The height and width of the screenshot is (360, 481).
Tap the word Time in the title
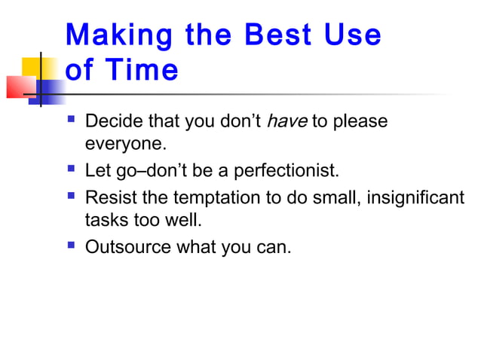pyautogui.click(x=142, y=71)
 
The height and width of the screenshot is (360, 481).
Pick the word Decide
pyautogui.click(x=111, y=121)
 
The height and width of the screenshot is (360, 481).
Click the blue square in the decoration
pyautogui.click(x=51, y=92)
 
